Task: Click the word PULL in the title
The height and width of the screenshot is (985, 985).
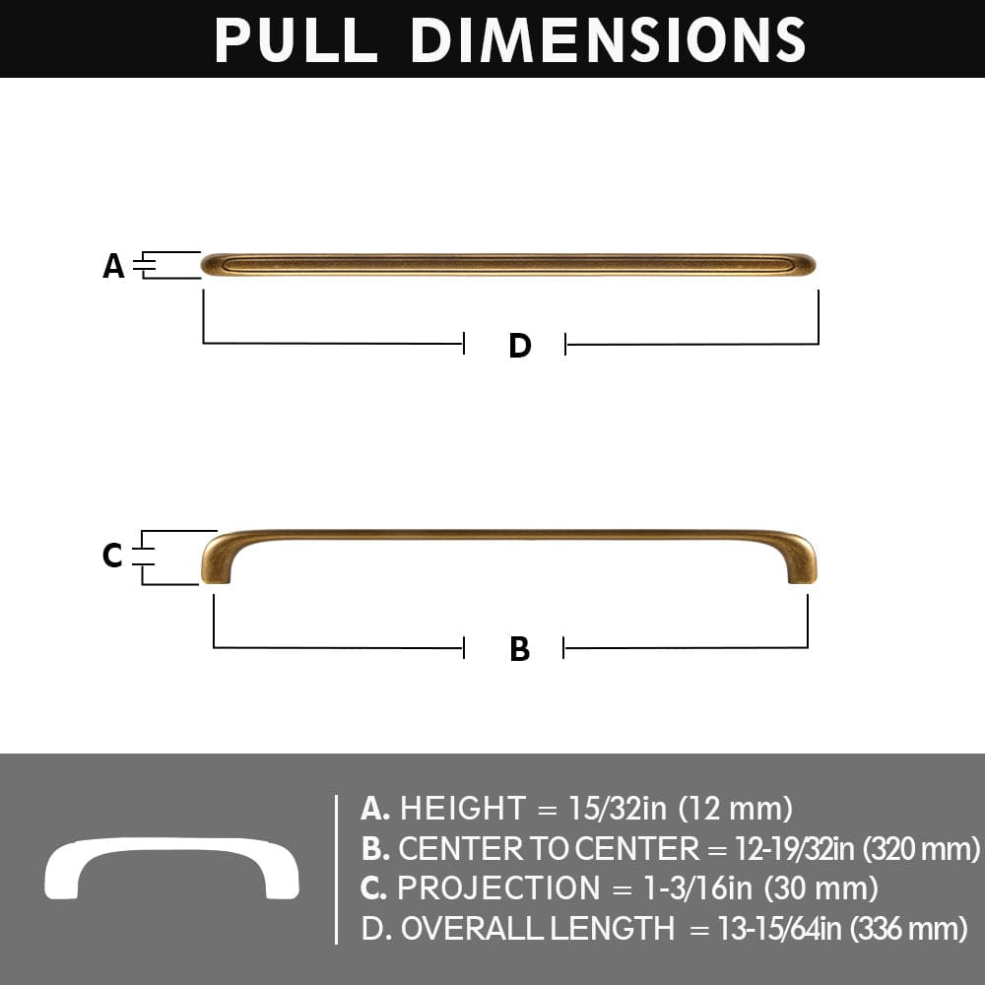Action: pyautogui.click(x=295, y=39)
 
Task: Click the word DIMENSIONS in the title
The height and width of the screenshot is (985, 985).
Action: pyautogui.click(x=608, y=39)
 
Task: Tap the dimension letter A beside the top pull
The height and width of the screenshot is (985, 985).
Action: pyautogui.click(x=114, y=266)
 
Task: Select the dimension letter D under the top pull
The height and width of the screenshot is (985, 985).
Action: pyautogui.click(x=519, y=346)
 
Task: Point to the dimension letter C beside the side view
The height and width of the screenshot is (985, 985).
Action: pyautogui.click(x=113, y=557)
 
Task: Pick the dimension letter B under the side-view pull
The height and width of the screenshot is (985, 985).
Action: pyautogui.click(x=519, y=649)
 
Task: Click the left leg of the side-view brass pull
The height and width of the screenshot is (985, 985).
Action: pyautogui.click(x=216, y=566)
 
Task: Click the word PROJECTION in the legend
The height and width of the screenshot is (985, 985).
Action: pyautogui.click(x=498, y=888)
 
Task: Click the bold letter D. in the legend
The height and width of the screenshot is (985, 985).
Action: pyautogui.click(x=375, y=929)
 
